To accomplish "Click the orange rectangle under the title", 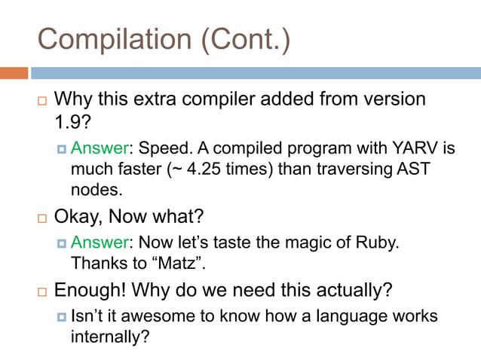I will pos(14,73).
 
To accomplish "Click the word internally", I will pos(106,337).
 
